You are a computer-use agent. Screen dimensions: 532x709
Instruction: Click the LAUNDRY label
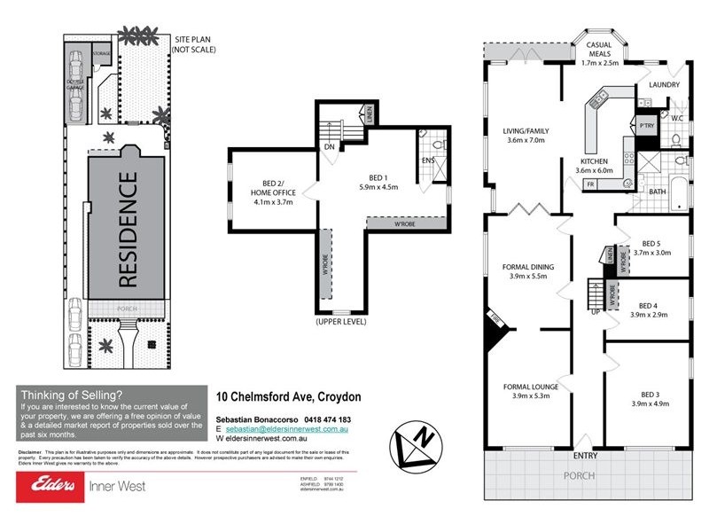coord(664,85)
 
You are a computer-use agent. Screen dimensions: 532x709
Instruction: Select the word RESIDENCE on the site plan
coord(127,230)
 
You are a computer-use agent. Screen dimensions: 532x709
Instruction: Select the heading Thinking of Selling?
coord(71,395)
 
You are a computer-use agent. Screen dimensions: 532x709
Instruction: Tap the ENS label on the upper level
coord(429,160)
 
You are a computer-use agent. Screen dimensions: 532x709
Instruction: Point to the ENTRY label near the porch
coord(585,457)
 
